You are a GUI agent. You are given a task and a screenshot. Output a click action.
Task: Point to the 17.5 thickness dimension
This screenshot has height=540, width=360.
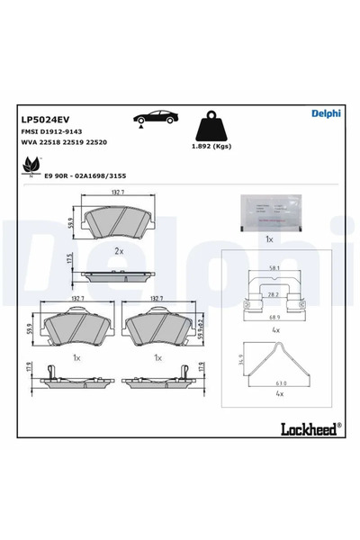click(x=69, y=260)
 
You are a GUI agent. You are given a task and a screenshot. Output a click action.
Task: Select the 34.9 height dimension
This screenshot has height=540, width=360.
click(x=238, y=360)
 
